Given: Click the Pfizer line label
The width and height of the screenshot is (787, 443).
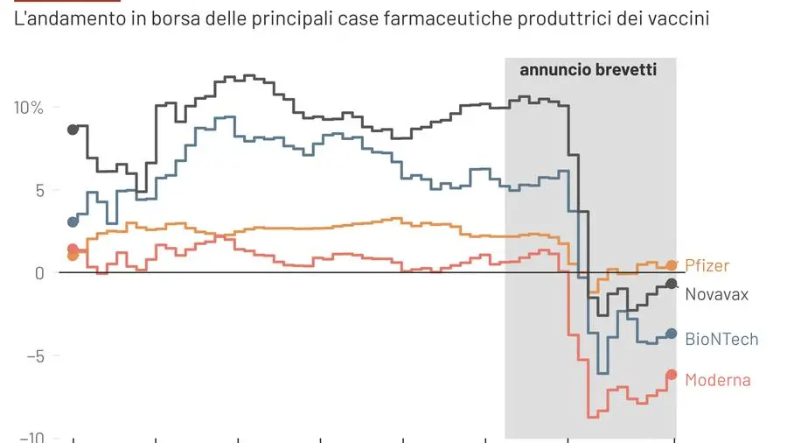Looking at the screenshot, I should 707,265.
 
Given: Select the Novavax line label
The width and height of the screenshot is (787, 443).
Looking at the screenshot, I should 716,294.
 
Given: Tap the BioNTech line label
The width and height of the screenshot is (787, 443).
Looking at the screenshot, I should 721,339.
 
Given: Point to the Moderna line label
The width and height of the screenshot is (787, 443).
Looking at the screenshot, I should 717,380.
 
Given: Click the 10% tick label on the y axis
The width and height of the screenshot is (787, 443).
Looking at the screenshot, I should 28,108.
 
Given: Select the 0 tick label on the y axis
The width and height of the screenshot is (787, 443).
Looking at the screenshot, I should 38,273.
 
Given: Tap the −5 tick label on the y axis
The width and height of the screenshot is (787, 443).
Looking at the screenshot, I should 33,355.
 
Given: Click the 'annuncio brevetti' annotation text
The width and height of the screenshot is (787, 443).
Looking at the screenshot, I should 588,70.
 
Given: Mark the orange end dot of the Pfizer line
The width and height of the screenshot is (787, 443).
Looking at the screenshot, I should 672,265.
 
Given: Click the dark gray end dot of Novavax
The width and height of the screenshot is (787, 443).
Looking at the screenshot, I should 672,284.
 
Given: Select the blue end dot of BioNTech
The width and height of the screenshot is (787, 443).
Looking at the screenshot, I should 672,334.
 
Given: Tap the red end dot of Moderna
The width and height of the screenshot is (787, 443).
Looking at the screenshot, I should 672,375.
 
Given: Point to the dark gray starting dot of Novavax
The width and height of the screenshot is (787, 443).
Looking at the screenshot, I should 73,129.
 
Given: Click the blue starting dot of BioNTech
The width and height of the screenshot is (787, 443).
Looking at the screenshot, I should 73,221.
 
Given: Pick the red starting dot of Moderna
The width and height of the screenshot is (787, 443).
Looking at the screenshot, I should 73,249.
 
